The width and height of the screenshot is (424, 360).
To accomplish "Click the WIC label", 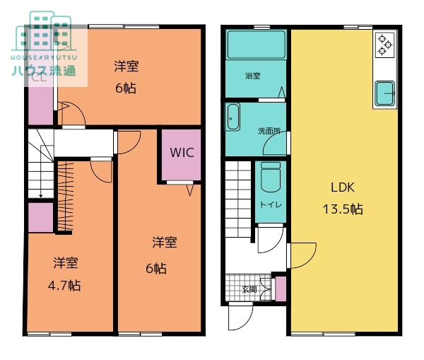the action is (x=182, y=153).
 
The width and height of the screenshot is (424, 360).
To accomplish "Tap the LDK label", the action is (x=343, y=187).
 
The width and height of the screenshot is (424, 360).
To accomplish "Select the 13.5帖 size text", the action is (x=343, y=209).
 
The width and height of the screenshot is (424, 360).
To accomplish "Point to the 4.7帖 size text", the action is (x=64, y=286).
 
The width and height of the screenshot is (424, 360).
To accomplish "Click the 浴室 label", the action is (x=252, y=76).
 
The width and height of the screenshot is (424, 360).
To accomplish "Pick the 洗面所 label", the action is (x=269, y=132).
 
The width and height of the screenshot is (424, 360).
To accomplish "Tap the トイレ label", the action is (x=271, y=204).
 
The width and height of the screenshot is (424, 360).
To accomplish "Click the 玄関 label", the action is (x=249, y=289).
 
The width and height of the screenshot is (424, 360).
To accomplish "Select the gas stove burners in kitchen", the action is (x=385, y=45).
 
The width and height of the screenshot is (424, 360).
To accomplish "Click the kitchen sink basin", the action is (x=385, y=93).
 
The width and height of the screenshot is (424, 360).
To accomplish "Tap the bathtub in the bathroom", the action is (x=256, y=45).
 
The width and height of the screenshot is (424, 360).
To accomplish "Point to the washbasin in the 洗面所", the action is (x=232, y=117).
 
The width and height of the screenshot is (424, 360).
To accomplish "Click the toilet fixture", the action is (x=271, y=177).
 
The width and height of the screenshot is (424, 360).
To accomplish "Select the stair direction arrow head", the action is (x=40, y=195).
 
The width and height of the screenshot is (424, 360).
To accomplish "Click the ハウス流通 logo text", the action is (x=44, y=70).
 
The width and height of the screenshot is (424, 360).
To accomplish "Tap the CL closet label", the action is (x=39, y=78).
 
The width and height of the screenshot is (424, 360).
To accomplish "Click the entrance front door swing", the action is (x=241, y=317).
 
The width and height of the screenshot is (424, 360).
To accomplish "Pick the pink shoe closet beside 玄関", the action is (x=281, y=289).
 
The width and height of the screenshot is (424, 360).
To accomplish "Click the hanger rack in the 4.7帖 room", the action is (x=66, y=196).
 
